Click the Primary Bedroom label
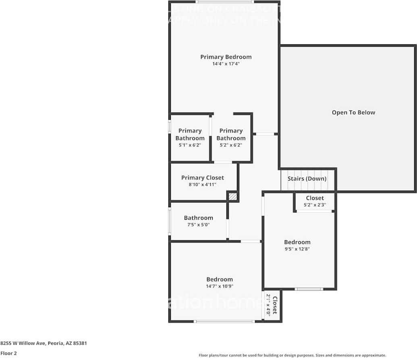(x=226, y=57)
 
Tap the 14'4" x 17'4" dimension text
(x=226, y=64)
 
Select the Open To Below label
(x=353, y=112)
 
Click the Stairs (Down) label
(x=307, y=179)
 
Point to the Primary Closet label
(x=202, y=177)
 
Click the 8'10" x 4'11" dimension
(x=202, y=184)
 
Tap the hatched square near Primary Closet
(x=232, y=197)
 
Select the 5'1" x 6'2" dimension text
(x=189, y=145)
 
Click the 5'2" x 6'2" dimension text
(x=230, y=145)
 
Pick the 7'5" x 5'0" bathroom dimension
(x=198, y=225)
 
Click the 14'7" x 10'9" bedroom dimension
(x=220, y=286)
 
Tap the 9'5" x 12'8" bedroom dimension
(x=297, y=249)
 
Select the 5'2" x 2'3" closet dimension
(x=315, y=205)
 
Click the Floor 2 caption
(x=8, y=353)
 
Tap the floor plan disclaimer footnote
(x=292, y=355)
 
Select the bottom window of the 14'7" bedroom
(x=224, y=321)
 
